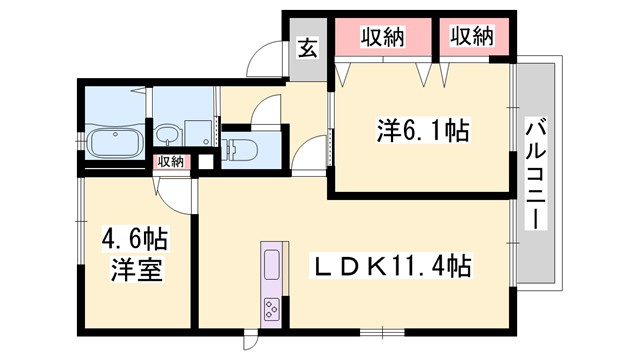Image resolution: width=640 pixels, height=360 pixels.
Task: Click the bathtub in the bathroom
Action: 117,144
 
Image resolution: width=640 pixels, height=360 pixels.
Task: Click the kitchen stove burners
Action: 272,306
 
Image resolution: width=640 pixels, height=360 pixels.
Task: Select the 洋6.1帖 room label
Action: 424,130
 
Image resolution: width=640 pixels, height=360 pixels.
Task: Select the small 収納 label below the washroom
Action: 169,161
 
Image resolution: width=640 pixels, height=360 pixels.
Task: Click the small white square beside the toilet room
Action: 206,162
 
